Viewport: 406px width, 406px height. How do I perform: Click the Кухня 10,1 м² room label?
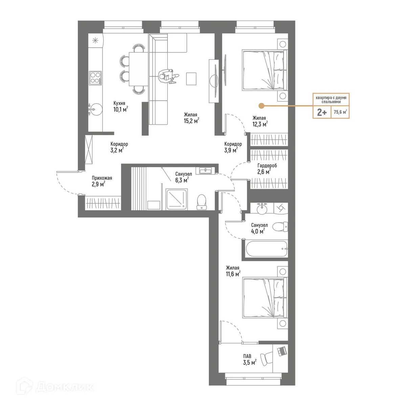[x=120, y=106]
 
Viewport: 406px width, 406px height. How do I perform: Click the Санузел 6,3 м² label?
[x=183, y=177]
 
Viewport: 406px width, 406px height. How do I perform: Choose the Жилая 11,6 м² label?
[x=233, y=271]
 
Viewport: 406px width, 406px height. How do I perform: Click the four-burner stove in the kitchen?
[x=95, y=78]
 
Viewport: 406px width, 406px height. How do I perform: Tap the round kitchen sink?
[x=94, y=109]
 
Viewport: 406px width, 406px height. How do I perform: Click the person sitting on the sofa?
[x=167, y=76]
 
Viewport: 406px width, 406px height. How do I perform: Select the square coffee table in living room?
[x=191, y=79]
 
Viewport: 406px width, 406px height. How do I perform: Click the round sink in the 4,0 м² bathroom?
[x=263, y=209]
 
